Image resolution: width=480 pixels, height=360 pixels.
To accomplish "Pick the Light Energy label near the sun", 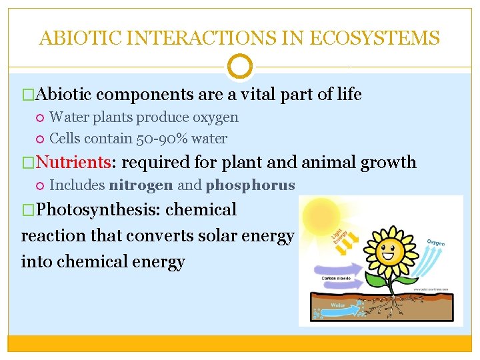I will [x=339, y=234].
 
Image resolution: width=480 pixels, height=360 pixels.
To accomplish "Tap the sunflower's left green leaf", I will [x=363, y=280].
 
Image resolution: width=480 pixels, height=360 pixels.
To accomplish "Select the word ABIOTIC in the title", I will [x=75, y=38].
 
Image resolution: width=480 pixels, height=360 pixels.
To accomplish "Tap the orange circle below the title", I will [x=239, y=67].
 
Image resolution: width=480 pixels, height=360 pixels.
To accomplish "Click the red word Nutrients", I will [x=83, y=162].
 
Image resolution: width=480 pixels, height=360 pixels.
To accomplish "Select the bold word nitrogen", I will [x=141, y=185].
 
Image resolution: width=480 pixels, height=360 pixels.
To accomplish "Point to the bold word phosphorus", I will [x=250, y=185].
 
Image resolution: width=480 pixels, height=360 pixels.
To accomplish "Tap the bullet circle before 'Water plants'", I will [x=40, y=118].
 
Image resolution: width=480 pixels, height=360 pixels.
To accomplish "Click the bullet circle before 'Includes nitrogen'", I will [x=40, y=185].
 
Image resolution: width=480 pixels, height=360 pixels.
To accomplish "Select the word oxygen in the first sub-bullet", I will [x=215, y=117].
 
